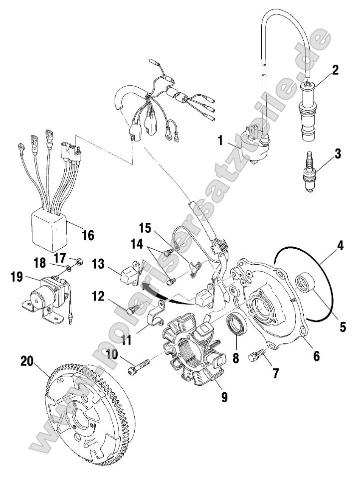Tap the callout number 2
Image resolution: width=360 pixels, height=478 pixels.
[335, 69]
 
